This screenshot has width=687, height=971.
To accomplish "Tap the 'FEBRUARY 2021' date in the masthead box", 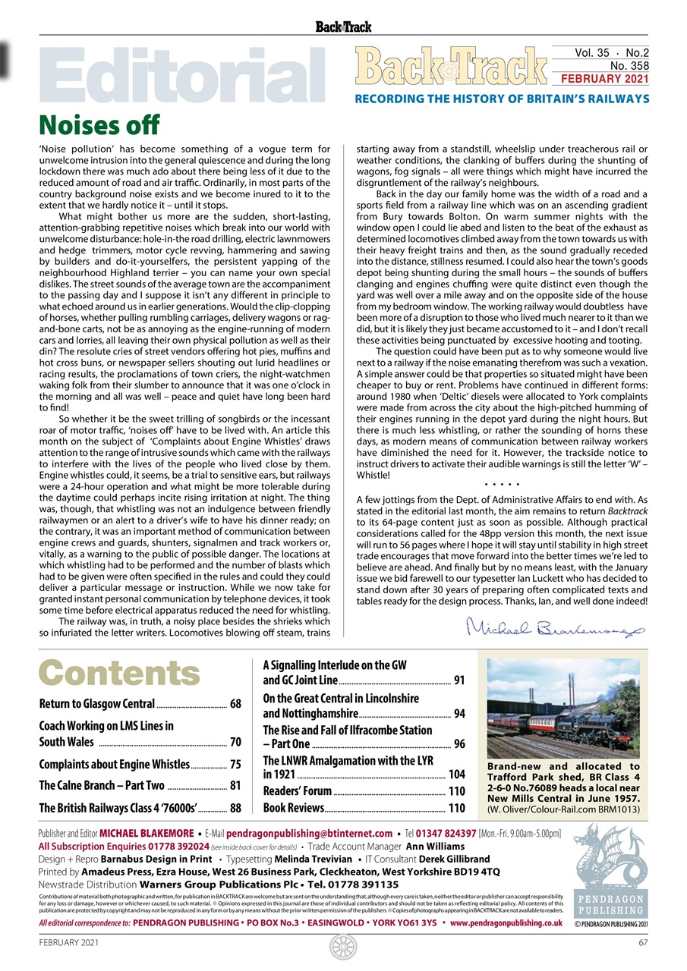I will tap(603, 79).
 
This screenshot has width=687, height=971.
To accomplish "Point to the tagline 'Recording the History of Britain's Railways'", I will tap(502, 99).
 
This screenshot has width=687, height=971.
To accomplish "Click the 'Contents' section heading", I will tap(119, 673).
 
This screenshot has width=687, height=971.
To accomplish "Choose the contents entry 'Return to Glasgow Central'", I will tap(96, 704).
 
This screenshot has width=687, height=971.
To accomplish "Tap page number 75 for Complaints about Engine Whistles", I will tap(235, 765).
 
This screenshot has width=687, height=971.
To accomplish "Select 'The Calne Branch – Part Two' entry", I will tap(101, 786).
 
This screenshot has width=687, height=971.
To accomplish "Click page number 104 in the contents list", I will tap(456, 775).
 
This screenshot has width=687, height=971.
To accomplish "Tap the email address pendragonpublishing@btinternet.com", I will tap(308, 834).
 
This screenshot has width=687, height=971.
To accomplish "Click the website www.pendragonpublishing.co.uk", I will tap(506, 923).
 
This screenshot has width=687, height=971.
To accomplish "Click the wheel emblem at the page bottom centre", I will tap(343, 947).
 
